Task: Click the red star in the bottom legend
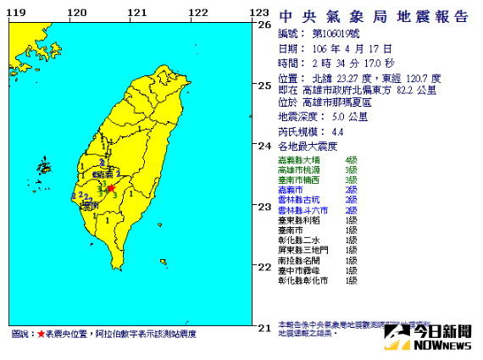pyautogui.click(x=42, y=335)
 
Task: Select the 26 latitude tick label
pyautogui.click(x=266, y=25)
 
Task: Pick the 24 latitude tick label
pyautogui.click(x=266, y=145)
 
